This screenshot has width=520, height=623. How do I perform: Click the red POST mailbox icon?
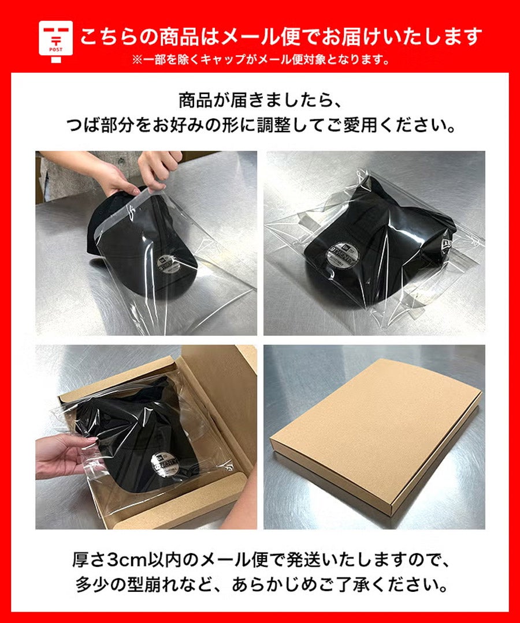tap(55, 42)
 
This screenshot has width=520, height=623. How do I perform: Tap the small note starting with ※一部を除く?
tap(261, 60)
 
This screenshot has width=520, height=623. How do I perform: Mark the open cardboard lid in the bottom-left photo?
tap(217, 401)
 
